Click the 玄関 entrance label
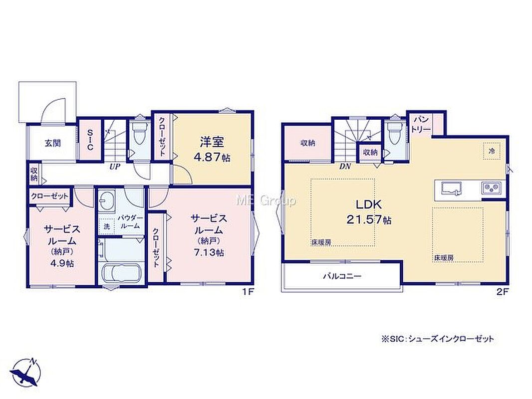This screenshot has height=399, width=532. (52, 143)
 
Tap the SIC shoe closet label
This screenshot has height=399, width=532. (90, 139)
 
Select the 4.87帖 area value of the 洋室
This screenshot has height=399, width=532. (212, 157)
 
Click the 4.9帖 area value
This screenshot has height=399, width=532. (62, 263)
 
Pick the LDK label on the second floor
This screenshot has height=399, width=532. (368, 205)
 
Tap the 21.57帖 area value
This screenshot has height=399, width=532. (369, 220)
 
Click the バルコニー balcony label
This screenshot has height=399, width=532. (342, 276)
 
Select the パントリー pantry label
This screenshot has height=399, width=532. (422, 124)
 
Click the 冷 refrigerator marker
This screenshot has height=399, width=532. (491, 151)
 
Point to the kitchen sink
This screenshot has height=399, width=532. (452, 188)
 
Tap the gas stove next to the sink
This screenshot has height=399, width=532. (491, 188)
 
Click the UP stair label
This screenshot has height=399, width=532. (114, 167)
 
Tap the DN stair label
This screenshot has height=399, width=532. (345, 167)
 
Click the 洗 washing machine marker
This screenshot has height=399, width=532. (106, 227)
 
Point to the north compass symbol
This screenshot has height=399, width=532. (25, 372)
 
